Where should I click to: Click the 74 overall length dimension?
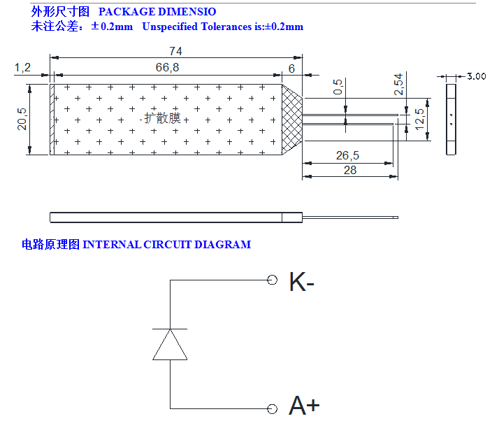(175, 51)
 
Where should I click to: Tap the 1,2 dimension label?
(22, 67)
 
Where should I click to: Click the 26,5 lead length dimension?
(347, 155)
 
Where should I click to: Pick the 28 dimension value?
(350, 170)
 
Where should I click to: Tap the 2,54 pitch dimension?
(399, 84)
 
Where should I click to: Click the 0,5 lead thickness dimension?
(338, 87)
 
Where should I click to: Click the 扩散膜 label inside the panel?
(163, 118)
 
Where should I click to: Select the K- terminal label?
(302, 282)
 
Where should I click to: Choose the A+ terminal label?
(304, 406)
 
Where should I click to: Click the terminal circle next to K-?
(273, 280)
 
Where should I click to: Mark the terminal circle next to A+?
(273, 408)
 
